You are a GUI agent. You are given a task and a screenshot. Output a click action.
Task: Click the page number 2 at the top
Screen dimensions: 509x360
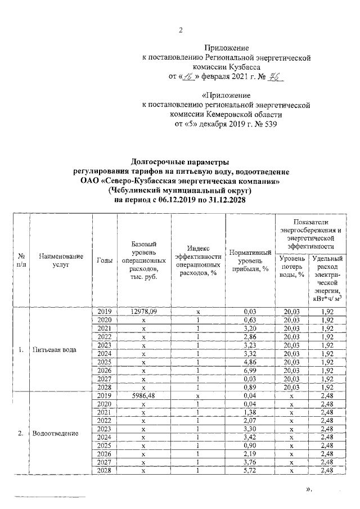[181, 30]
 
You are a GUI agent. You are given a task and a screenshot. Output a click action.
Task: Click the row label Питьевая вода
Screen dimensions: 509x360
[54, 349]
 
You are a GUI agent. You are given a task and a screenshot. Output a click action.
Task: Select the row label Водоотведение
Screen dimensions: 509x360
[55, 433]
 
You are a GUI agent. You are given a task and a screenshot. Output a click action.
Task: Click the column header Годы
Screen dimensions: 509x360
[105, 260]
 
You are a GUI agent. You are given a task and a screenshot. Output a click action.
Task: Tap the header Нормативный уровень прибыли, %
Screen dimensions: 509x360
[250, 260]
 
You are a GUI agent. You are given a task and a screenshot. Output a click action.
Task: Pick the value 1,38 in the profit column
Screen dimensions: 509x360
[250, 412]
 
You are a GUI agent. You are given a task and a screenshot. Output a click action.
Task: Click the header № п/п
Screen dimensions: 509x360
[21, 260]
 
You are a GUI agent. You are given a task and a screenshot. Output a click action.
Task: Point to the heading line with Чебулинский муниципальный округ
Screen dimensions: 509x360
[181, 191]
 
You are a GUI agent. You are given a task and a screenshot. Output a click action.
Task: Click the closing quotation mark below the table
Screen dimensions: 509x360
[308, 490]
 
